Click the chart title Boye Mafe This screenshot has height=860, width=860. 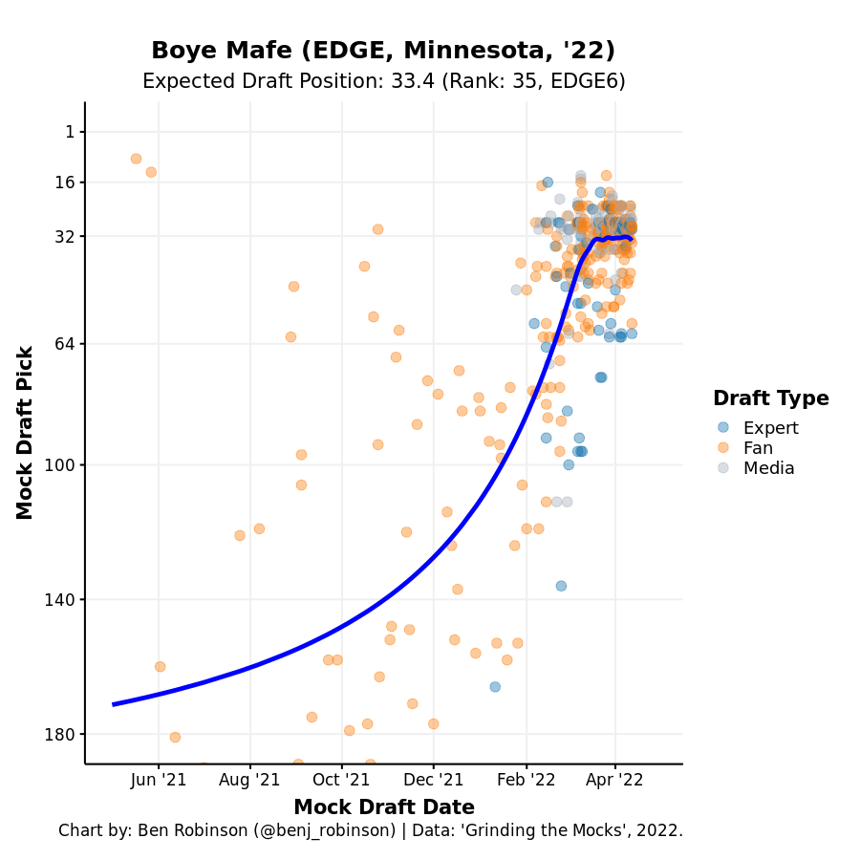383,51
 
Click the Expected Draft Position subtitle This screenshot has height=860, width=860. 383,81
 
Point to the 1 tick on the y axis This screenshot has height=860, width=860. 70,132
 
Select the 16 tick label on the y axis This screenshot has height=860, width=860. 66,183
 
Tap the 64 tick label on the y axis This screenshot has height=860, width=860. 66,344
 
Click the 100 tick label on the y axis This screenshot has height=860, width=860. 62,465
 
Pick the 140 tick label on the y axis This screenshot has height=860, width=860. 62,600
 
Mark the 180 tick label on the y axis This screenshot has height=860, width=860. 62,735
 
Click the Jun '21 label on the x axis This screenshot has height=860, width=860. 159,780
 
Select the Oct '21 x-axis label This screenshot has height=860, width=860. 341,780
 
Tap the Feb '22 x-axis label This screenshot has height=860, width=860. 526,780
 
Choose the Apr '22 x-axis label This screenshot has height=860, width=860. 614,780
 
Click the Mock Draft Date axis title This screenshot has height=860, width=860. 383,807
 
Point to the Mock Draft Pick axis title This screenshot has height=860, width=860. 26,433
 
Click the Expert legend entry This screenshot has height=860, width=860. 770,428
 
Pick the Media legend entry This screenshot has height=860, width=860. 768,468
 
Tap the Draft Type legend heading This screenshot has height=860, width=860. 770,398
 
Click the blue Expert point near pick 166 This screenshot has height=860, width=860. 495,687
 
